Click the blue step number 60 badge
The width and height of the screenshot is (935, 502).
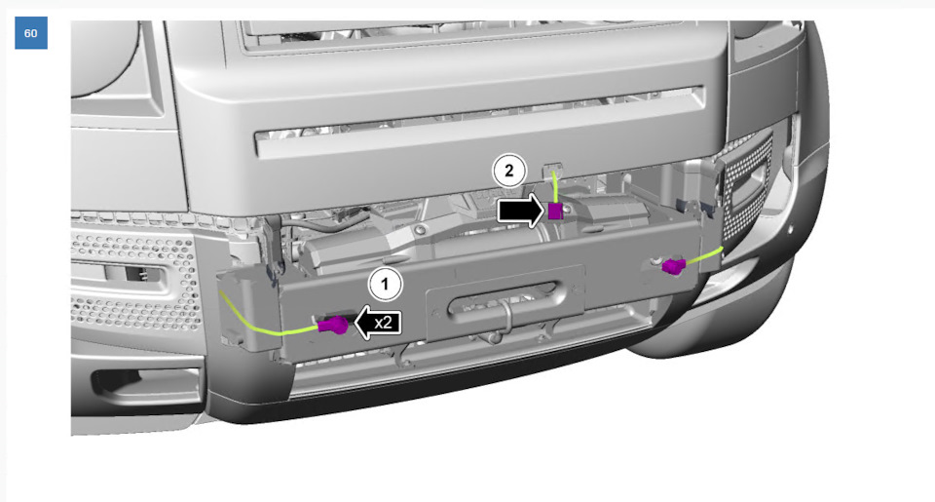click(31, 33)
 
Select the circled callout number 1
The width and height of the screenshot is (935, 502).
click(386, 284)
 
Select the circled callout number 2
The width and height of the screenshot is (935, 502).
click(508, 171)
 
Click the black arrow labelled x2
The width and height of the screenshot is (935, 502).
click(378, 323)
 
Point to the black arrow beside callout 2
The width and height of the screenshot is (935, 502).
click(520, 211)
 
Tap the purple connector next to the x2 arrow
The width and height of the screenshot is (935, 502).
click(333, 325)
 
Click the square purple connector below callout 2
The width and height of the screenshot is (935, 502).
click(554, 212)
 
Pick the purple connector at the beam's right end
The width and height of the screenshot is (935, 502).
click(674, 266)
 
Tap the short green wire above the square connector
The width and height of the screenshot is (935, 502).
click(554, 187)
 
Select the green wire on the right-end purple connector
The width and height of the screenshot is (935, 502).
click(704, 255)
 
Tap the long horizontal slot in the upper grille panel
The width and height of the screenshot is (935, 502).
click(480, 123)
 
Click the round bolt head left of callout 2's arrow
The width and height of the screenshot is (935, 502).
click(421, 230)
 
